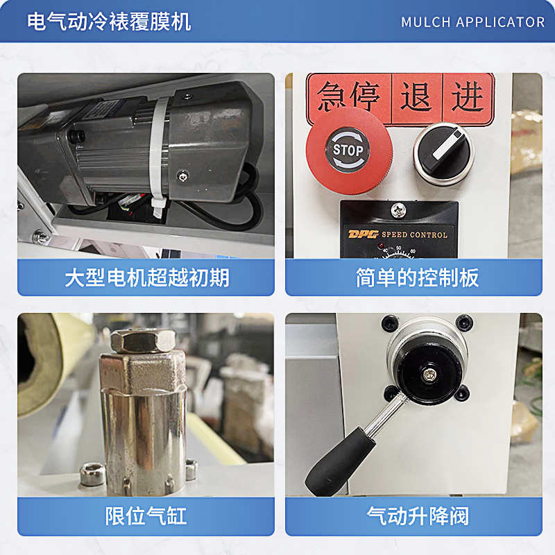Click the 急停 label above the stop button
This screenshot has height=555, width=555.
click(349, 98)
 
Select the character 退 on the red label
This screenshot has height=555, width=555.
click(416, 97)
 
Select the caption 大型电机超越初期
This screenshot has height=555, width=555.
click(146, 277)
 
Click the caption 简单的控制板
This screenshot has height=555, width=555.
click(417, 277)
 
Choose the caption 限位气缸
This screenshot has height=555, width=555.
click(146, 515)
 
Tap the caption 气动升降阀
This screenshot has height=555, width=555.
click(417, 515)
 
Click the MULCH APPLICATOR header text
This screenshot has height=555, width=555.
click(472, 22)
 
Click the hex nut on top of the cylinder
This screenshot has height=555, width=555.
click(142, 340)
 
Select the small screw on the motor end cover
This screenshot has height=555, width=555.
click(182, 174)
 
